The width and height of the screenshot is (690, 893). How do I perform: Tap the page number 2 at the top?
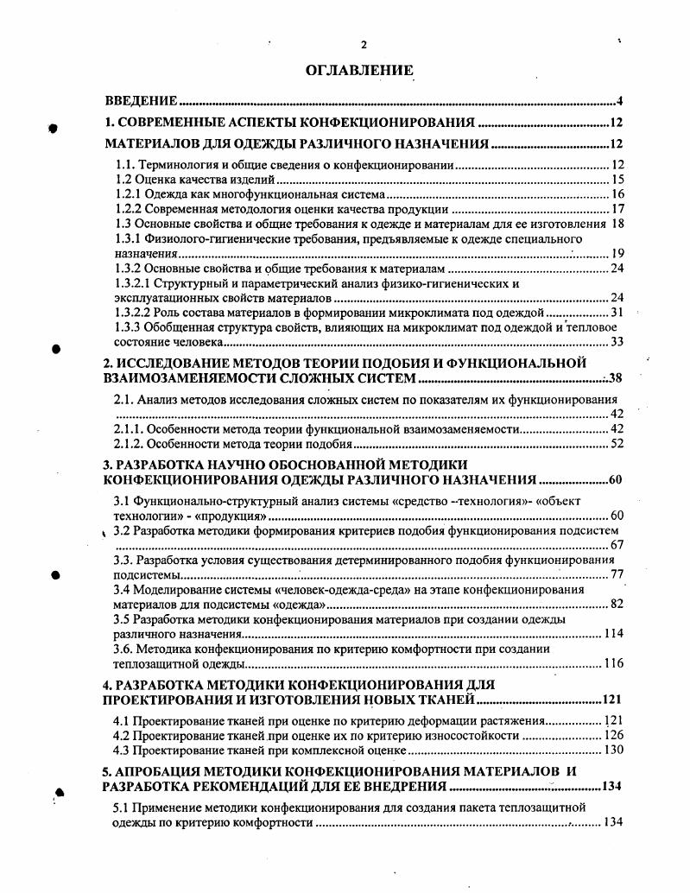[x=364, y=45]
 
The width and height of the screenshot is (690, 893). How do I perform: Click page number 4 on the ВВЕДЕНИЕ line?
[x=620, y=101]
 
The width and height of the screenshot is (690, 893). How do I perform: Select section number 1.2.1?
[x=129, y=194]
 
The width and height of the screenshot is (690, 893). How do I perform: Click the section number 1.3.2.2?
[x=134, y=313]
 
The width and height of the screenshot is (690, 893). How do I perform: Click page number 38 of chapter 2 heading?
[x=615, y=378]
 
